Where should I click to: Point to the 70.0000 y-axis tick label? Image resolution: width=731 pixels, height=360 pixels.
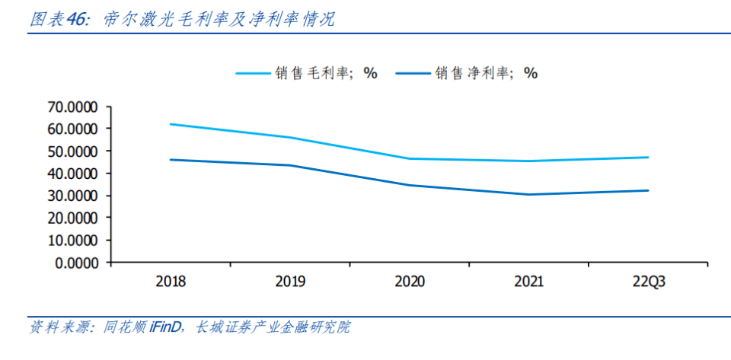coord(74,107)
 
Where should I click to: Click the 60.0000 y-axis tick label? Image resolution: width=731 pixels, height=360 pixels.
coord(74,129)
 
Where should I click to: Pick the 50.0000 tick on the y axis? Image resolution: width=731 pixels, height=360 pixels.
coord(74,151)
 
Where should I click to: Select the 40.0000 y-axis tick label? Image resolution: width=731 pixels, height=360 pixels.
coord(74,174)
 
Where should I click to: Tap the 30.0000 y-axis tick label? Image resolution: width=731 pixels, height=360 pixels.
coord(74,196)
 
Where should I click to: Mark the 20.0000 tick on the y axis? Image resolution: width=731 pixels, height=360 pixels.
coord(74,218)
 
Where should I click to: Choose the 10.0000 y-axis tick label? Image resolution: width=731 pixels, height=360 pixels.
coord(74,241)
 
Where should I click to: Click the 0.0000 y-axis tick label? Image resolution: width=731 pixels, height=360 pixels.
coord(78,263)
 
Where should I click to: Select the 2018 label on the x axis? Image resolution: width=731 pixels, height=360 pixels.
coord(170,282)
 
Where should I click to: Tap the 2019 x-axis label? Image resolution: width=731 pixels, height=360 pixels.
coord(289,282)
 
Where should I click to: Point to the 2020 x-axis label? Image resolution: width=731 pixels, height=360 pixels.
coord(409,282)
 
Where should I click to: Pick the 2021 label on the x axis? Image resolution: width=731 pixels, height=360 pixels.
coord(528,282)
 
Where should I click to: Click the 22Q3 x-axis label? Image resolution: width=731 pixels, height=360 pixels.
coord(648,282)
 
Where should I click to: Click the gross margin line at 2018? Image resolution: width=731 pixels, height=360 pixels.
coord(170,124)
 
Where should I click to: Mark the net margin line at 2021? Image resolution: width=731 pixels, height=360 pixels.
coord(528,194)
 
